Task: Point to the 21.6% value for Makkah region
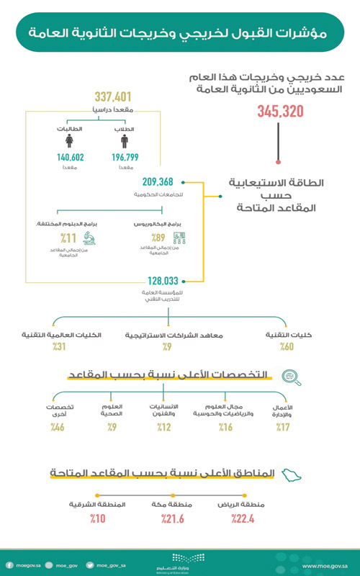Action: pyautogui.click(x=174, y=518)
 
